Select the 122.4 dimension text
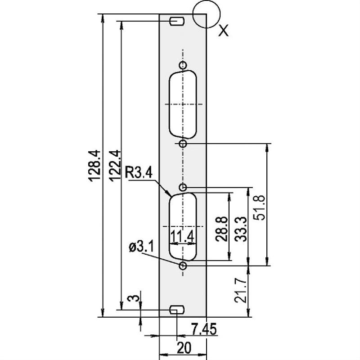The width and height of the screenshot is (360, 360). click(113, 166)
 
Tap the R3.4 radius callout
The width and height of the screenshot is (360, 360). click(139, 172)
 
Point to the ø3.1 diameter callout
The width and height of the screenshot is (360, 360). click(141, 247)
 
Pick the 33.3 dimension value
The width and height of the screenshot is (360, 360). click(240, 229)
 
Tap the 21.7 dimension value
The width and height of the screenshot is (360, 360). click(240, 290)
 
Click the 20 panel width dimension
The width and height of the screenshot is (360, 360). click(183, 348)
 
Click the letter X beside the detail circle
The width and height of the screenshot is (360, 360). click(223, 31)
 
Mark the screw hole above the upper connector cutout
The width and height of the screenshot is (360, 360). click(183, 65)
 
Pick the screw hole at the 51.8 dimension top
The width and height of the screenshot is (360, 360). click(183, 143)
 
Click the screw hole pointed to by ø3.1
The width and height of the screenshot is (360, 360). click(183, 266)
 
